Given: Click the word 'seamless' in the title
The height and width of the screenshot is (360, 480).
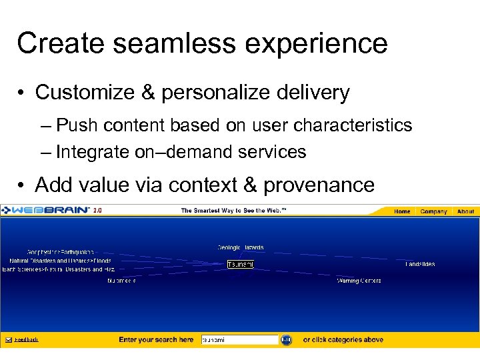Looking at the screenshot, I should pos(141,43).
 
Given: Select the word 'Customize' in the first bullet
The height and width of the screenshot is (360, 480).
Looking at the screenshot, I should pos(84,92).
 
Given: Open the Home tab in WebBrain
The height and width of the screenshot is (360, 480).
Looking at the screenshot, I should pos(402,211).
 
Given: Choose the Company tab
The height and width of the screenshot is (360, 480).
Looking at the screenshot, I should pos(433,211).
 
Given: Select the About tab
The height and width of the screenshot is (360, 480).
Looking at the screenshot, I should pos(465,211).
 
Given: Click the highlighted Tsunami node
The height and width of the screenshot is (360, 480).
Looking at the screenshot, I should pos(240,265).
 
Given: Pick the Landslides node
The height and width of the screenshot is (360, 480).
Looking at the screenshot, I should pos(420,264).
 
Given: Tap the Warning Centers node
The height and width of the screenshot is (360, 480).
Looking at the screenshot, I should pos(359,281).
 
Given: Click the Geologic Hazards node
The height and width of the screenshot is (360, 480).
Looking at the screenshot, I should pos(240,247).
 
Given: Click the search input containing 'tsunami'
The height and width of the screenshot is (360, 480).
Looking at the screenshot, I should pos(239,340).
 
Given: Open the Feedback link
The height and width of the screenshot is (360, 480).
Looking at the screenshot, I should pos(26,340).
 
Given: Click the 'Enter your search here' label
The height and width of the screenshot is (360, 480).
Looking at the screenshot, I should pos(156,340).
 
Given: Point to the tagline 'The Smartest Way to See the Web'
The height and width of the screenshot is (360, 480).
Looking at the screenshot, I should pos(233,211).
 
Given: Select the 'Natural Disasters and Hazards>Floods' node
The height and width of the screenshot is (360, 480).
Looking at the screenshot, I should pos(60,261).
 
